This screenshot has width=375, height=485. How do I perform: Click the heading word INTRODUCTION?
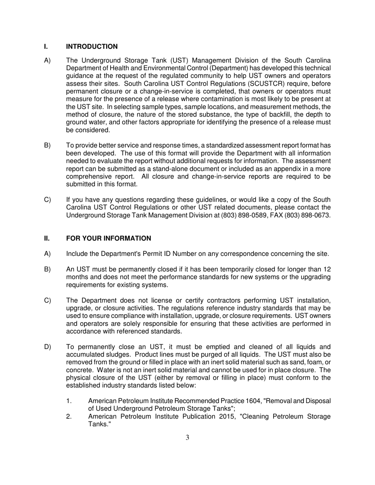[92, 47]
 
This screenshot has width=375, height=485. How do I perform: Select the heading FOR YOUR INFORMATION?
[109, 238]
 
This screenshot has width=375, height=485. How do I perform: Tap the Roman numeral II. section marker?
[47, 238]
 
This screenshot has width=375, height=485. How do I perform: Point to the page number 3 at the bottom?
[187, 437]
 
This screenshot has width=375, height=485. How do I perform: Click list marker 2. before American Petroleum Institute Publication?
[69, 416]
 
